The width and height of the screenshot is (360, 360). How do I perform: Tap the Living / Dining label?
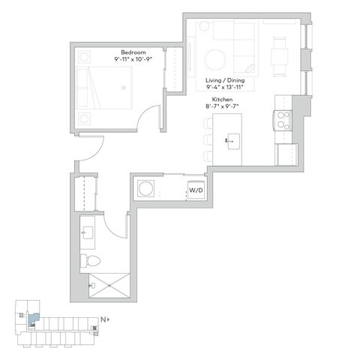(226, 78)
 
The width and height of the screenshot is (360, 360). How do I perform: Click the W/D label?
(195, 190)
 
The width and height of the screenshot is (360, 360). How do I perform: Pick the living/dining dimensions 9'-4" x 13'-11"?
(226, 86)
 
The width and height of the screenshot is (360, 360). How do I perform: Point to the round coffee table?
(215, 58)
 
